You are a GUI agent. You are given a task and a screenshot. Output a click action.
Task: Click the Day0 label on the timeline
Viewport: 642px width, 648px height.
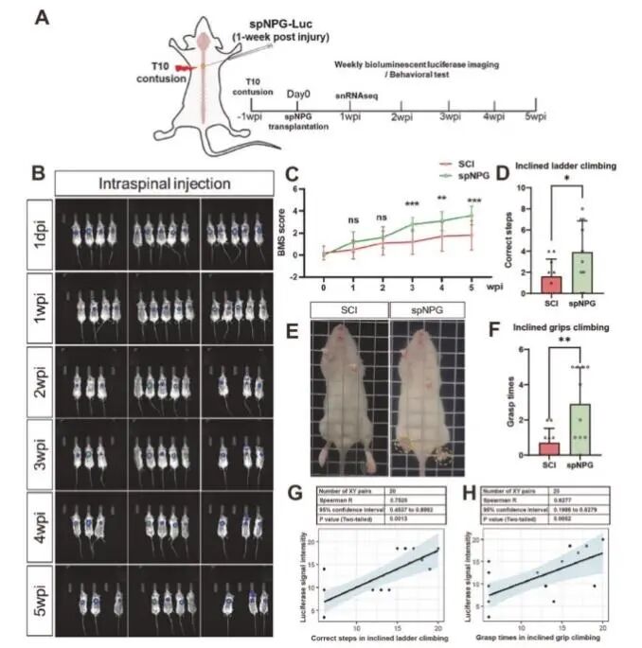[298, 95]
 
